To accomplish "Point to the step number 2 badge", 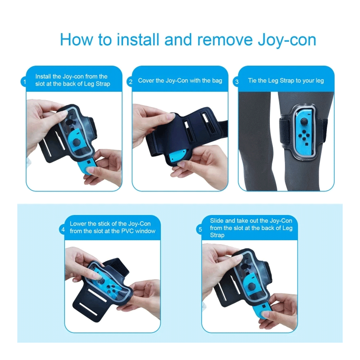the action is (x=130, y=82).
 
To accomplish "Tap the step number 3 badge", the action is (x=237, y=82).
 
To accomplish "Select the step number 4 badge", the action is (x=63, y=229).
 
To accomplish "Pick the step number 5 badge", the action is (x=200, y=229).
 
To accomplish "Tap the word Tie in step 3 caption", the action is (x=252, y=81).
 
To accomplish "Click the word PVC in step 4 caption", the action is (x=127, y=231).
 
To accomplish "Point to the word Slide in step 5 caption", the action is (x=216, y=221).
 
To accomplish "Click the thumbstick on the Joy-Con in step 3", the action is (x=304, y=121).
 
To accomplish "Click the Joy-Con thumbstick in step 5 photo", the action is (x=252, y=287).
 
